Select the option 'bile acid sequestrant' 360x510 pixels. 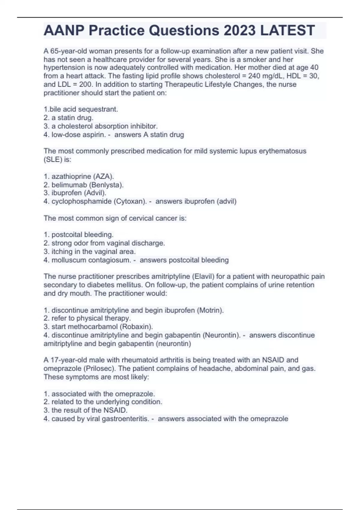81,109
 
